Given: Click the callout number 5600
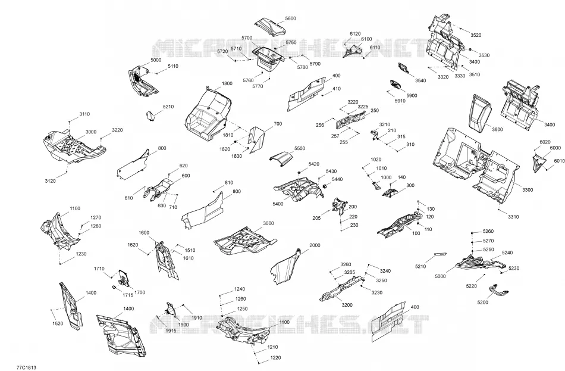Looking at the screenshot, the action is pos(290,18).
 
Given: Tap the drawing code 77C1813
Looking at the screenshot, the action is pos(26,368).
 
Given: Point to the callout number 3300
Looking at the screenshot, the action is pos(527,190).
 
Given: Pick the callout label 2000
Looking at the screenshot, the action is pos(315,245).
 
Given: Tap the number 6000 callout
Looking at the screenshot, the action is pos(555,148).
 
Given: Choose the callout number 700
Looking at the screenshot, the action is pos(278,124).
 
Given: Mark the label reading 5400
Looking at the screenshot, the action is pos(278,204).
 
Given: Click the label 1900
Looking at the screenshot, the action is pos(183,325).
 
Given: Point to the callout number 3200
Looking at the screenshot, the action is pos(347,305).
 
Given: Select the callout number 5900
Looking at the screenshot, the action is pos(412,96).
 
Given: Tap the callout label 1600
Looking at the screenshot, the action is pos(144,233).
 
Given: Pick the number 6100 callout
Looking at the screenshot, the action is pos(366,39).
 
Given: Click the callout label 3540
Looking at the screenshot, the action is pos(420,80).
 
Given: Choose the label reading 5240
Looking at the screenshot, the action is pos(507,252).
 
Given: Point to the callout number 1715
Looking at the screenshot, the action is pos(127,295).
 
